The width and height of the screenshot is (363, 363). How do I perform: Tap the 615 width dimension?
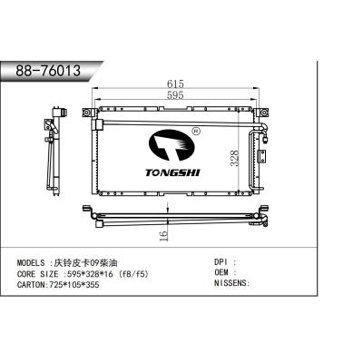pos(172,83)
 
